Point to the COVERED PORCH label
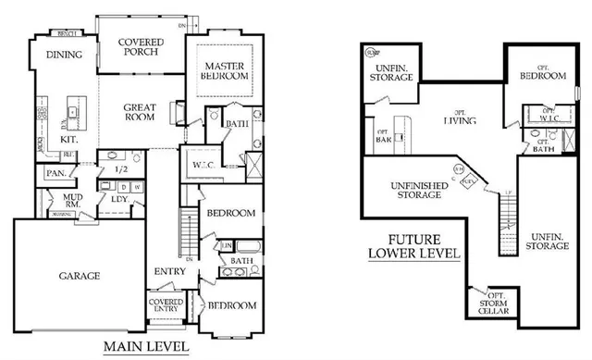point(142,47)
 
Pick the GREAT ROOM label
point(140,112)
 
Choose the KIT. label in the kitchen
point(68,139)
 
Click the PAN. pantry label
point(55,173)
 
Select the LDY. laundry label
point(119,199)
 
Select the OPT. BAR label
point(383,135)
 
